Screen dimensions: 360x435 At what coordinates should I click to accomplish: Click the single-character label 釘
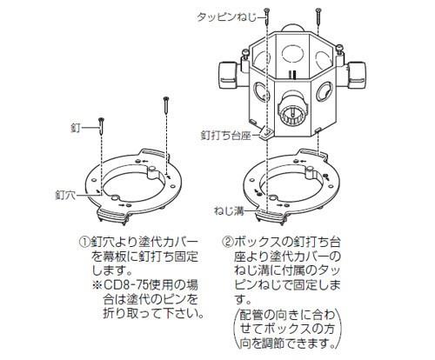point(76,127)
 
